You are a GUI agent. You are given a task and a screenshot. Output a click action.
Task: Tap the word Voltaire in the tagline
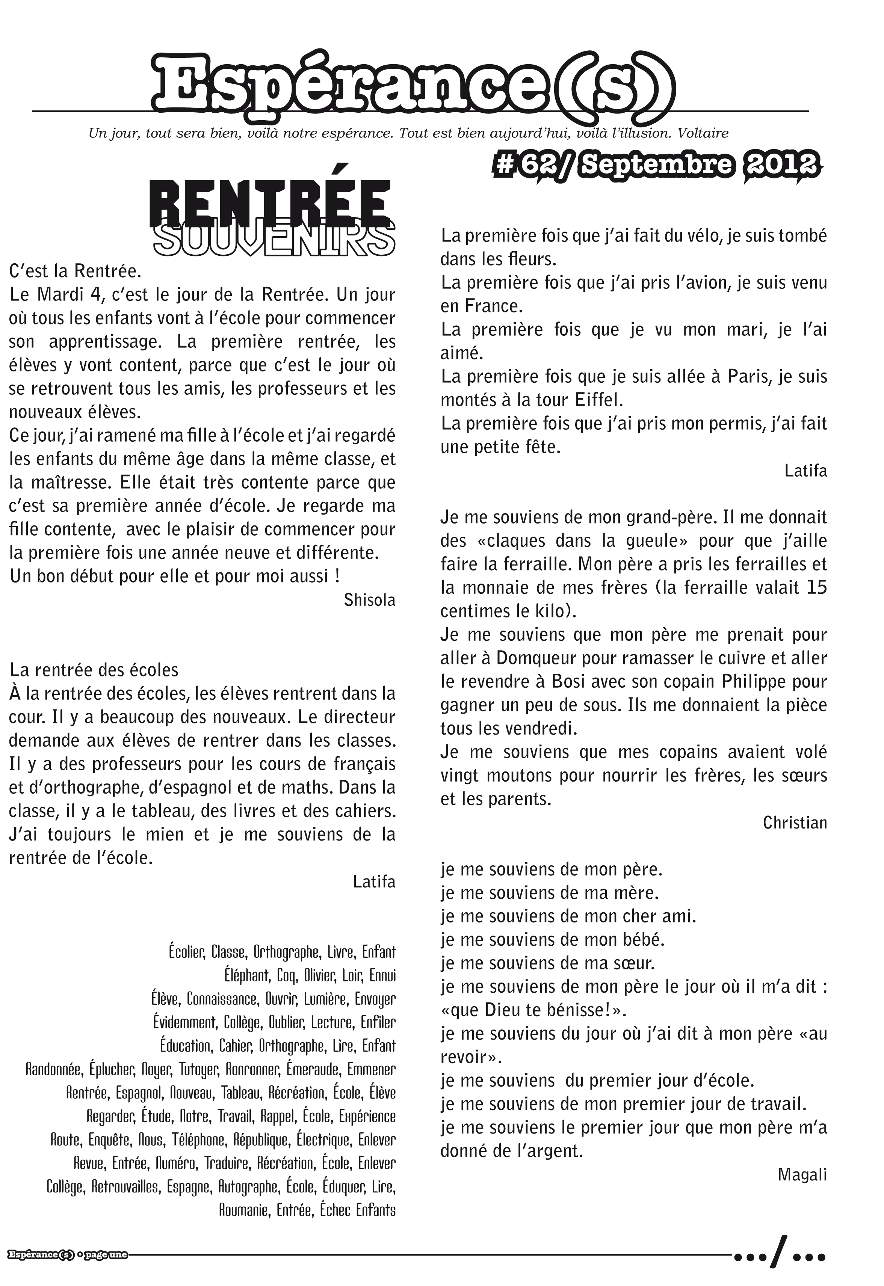coord(703,133)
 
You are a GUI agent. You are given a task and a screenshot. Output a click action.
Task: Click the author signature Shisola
coord(369,599)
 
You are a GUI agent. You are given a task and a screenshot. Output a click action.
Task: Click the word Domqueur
coord(534,658)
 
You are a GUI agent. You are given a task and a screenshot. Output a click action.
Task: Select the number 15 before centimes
coord(816,587)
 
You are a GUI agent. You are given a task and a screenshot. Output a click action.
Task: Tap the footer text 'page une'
coord(106,1254)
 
